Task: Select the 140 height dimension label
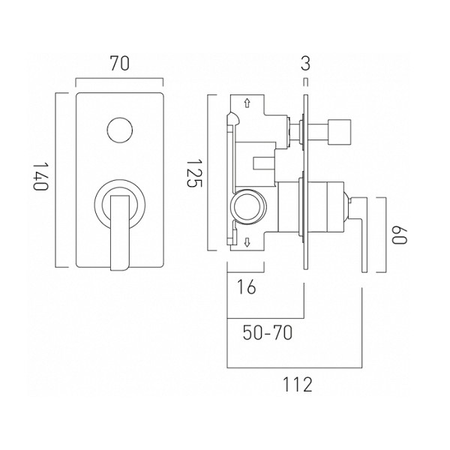41,177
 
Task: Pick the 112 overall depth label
298,385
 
